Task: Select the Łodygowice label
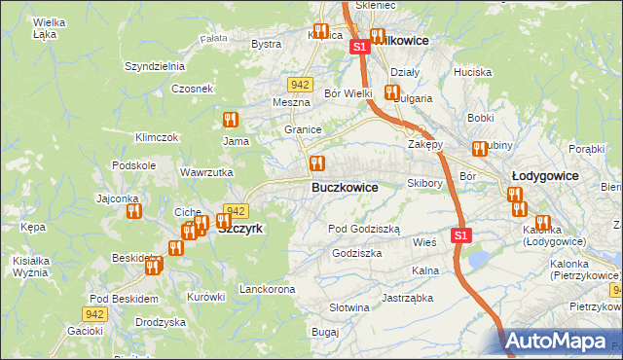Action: pos(544,175)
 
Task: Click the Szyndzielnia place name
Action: pos(154,66)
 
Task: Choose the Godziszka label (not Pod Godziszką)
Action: pos(357,252)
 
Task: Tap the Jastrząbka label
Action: pos(407,299)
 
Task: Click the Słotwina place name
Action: pos(349,307)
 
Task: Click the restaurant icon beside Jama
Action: pos(231,120)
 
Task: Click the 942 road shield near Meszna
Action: pos(299,85)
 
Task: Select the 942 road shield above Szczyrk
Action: pos(235,210)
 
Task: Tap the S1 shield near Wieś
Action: pos(462,234)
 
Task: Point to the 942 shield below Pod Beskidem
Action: pos(93,313)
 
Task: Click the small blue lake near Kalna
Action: pos(479,258)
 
